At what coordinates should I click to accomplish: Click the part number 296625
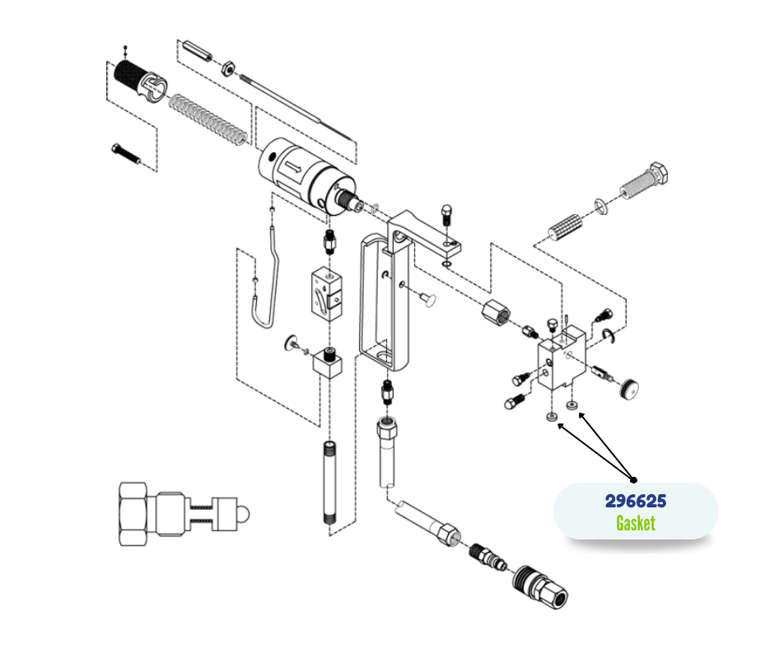pos(636,501)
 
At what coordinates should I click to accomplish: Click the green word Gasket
pos(636,523)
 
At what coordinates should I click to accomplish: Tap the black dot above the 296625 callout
pos(634,479)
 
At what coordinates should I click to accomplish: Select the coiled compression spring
pos(207,120)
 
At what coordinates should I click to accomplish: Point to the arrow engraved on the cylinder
pos(292,167)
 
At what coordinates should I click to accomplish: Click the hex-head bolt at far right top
pos(644,180)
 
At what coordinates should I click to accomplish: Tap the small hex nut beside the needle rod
pos(227,68)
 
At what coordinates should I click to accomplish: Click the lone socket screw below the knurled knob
pos(126,154)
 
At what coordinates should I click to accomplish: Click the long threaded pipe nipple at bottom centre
pos(330,482)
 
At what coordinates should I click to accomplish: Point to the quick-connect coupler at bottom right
pos(540,586)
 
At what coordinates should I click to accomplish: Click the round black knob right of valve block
pos(628,388)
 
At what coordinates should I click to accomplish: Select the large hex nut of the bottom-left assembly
pos(133,514)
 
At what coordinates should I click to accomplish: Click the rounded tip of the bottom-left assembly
pos(244,514)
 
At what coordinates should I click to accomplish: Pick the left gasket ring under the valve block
pos(552,417)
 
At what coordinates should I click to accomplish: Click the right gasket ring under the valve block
pos(571,405)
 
